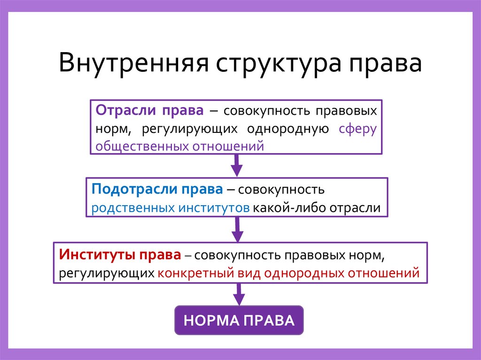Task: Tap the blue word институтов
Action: pos(213,208)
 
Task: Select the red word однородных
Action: pos(301,273)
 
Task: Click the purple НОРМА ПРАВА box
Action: pos(239,321)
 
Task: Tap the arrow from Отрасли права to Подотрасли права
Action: pos(237,165)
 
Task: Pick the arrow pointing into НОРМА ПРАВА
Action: pos(239,294)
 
